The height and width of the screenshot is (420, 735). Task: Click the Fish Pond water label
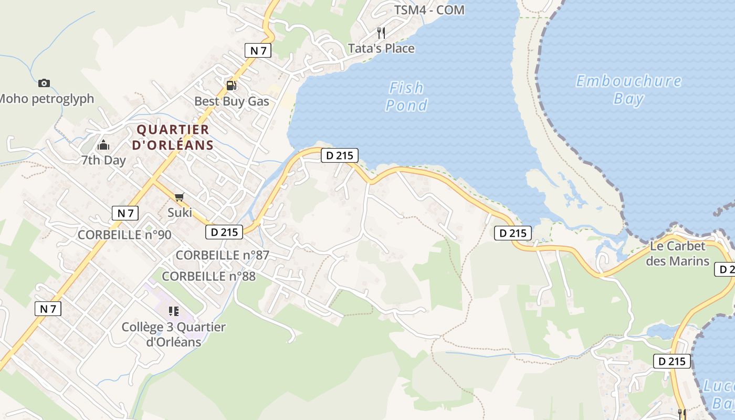coord(406,96)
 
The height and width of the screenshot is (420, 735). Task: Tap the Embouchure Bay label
coord(628,90)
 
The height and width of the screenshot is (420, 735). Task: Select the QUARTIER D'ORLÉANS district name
coord(173,137)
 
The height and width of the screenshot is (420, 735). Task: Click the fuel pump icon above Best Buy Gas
coord(231,86)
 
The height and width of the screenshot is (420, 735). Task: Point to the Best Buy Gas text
coord(232,101)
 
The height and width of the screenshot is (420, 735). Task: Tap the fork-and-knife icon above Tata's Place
coord(381,33)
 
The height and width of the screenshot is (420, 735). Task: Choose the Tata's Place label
coord(381,48)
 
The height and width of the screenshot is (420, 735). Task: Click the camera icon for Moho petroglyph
coord(44,83)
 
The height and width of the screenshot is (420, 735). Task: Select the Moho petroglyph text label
coord(46,99)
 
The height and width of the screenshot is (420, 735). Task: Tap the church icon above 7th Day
coord(103,145)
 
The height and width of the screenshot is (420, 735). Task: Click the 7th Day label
coord(103,160)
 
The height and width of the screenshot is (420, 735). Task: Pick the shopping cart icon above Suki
coord(180,197)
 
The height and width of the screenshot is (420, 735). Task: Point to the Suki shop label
coord(180,213)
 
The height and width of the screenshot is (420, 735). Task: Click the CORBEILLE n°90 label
coord(124,235)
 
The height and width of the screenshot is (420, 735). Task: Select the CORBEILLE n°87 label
coord(222,255)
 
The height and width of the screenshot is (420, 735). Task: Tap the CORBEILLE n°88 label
coord(208,276)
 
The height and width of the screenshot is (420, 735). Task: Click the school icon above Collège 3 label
coord(174,311)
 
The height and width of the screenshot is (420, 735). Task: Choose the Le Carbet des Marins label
coord(677,253)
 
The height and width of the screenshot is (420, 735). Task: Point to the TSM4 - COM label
coord(429,10)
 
